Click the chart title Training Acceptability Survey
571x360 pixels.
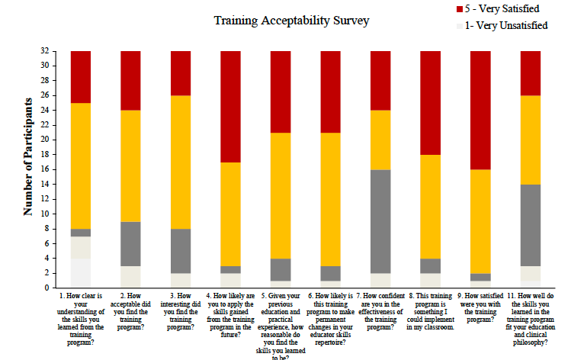(292, 21)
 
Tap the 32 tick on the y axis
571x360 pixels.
(44, 51)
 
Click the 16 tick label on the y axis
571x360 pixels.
(44, 169)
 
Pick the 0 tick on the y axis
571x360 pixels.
(47, 288)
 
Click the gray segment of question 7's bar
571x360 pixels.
(380, 221)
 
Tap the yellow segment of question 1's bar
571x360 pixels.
(81, 166)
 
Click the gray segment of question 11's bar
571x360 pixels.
(531, 225)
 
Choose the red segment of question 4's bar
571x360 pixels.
(231, 107)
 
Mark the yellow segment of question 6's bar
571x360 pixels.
(331, 199)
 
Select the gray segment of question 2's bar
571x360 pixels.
(131, 243)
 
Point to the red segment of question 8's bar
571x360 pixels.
(431, 103)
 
